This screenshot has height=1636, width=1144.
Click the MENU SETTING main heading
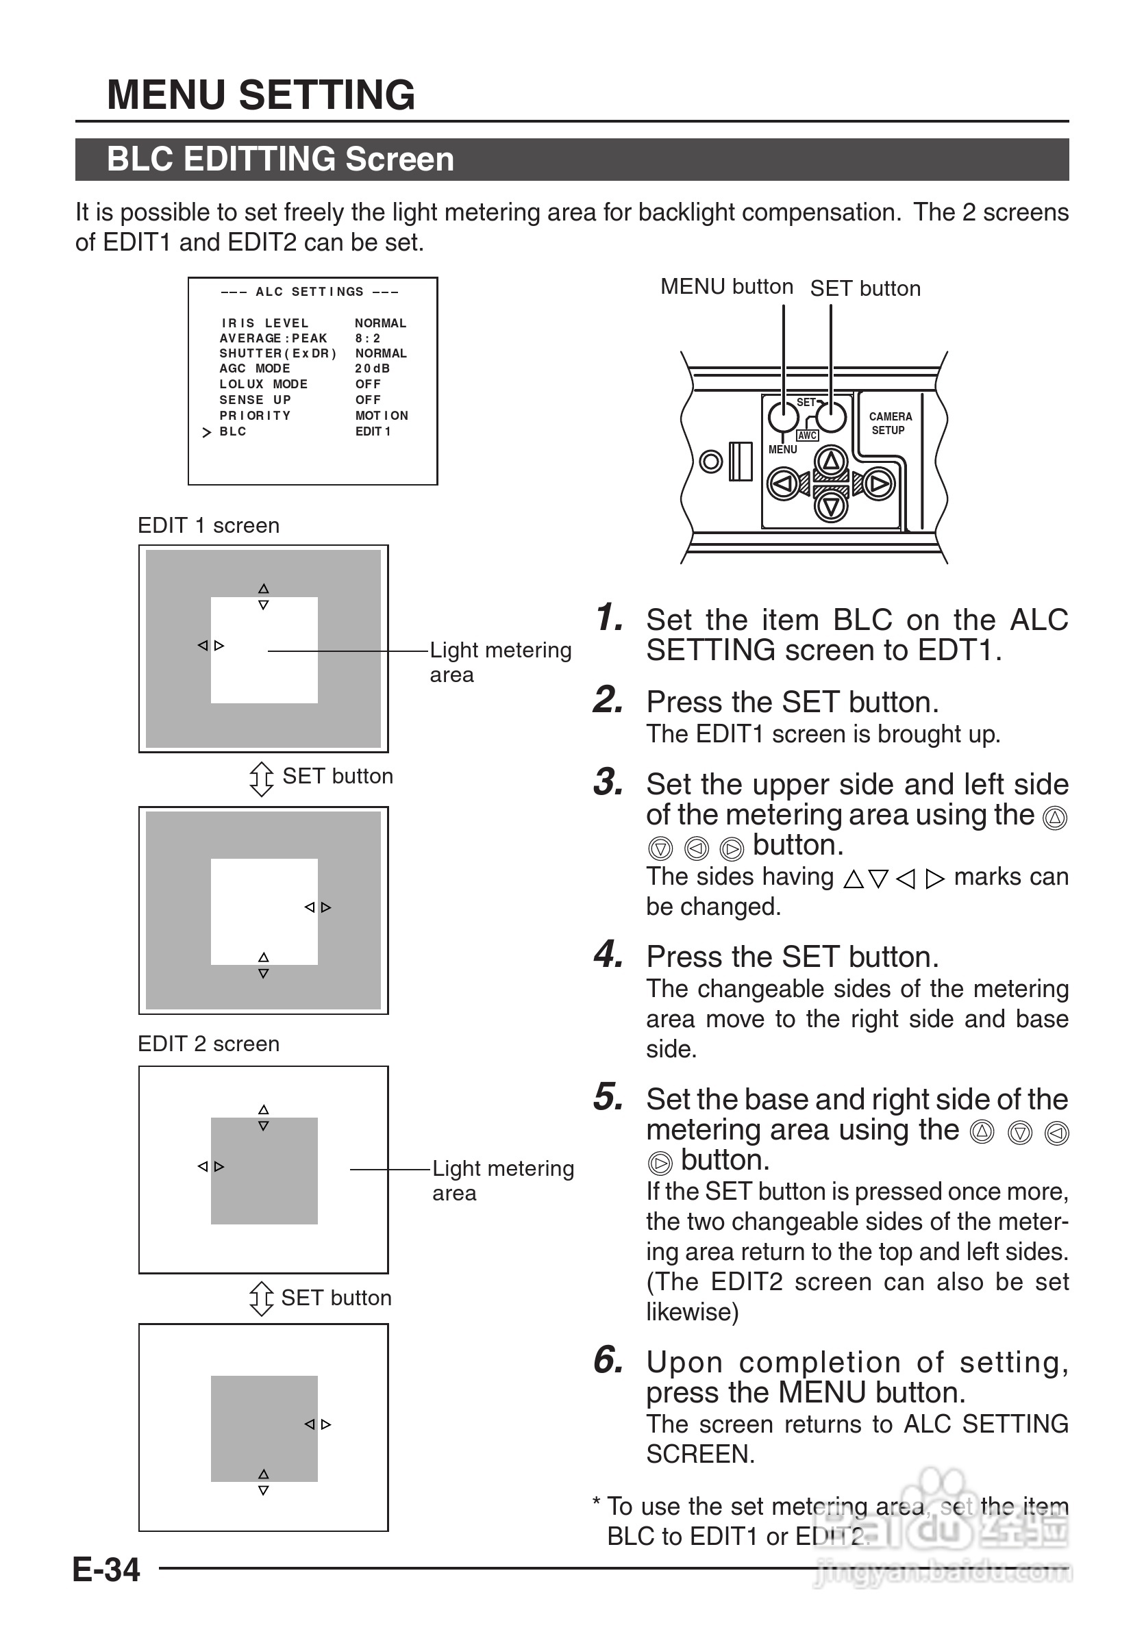point(260,95)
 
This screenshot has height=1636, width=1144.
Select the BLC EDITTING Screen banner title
point(280,159)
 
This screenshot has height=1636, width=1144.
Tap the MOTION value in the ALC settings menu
point(382,416)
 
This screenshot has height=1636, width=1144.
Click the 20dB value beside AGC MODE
point(372,368)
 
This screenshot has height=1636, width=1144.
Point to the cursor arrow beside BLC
point(207,433)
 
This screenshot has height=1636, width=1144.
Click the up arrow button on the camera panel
point(831,462)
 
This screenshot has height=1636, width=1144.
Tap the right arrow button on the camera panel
point(878,485)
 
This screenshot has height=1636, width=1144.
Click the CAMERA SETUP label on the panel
point(890,423)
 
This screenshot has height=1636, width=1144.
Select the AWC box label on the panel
point(807,436)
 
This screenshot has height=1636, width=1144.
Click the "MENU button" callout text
point(726,286)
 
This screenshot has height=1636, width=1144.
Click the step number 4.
point(608,955)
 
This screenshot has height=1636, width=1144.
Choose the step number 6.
point(608,1360)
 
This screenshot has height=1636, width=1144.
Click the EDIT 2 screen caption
point(208,1044)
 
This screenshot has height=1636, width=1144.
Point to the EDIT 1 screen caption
point(208,526)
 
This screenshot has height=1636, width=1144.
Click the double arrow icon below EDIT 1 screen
point(262,779)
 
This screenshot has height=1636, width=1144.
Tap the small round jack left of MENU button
point(710,462)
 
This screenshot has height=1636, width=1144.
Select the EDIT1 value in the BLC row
point(373,432)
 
